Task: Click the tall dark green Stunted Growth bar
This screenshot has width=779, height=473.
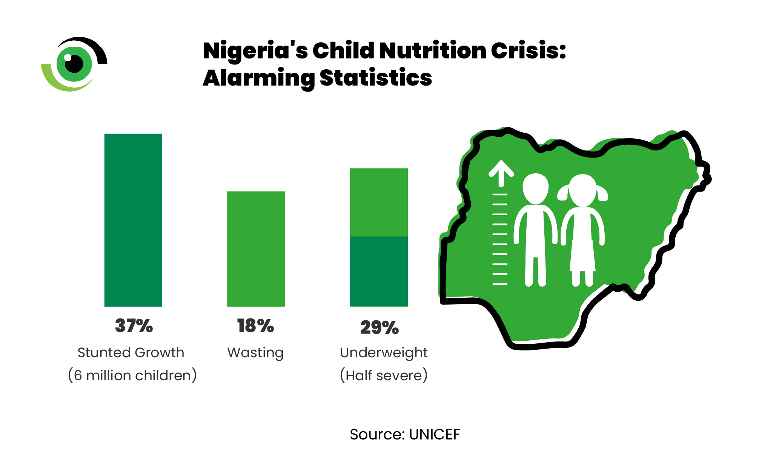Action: (x=133, y=220)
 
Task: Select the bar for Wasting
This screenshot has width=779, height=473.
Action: (x=256, y=249)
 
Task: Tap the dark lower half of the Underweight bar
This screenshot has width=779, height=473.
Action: (x=379, y=271)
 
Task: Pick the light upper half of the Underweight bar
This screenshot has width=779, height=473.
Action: (x=379, y=202)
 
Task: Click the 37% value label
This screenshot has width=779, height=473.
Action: (x=134, y=326)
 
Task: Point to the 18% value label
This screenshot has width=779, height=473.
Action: (x=255, y=326)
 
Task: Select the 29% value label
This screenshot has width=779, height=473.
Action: (x=379, y=328)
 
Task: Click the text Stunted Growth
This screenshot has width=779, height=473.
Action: (x=131, y=353)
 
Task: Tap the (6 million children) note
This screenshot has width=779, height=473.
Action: (x=132, y=375)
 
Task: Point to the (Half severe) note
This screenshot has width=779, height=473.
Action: (x=384, y=375)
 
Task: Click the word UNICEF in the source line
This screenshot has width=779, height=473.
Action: (x=435, y=435)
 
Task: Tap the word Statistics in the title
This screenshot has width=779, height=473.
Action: (x=376, y=78)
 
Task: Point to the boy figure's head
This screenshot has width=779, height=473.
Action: (x=535, y=189)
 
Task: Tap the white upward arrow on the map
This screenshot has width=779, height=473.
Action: (x=501, y=174)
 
